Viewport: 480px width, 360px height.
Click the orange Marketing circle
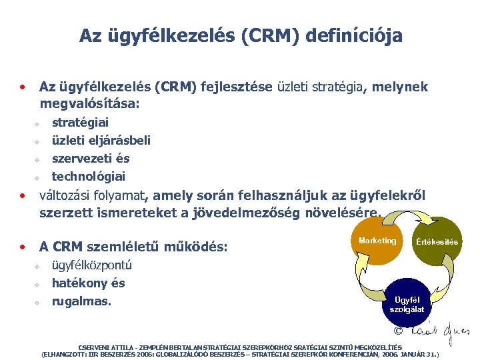pos(377,241)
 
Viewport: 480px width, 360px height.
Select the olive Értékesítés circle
pos(437,241)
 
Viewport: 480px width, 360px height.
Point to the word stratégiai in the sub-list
pos(80,123)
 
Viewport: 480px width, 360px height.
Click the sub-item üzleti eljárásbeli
pos(101,141)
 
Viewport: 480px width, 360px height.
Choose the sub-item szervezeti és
pos(91,159)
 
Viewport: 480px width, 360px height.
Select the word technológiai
pos(89,177)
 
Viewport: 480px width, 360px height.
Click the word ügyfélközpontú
pos(92,265)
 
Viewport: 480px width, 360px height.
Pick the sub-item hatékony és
pos(88,283)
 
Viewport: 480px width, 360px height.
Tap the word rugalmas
pos(81,301)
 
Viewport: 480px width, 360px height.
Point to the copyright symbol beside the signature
pos(399,331)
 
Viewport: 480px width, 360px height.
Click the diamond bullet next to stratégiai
pos(38,124)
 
